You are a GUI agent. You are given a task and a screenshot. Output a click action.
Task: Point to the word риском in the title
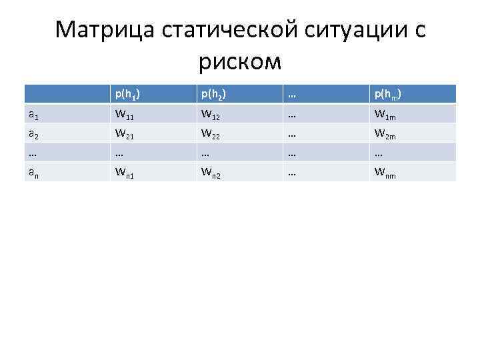[240, 62]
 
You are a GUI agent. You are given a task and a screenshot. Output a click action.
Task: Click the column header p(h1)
[127, 95]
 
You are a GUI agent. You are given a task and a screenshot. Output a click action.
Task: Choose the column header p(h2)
[214, 95]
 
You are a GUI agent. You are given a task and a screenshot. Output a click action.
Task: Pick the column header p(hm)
[387, 95]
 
